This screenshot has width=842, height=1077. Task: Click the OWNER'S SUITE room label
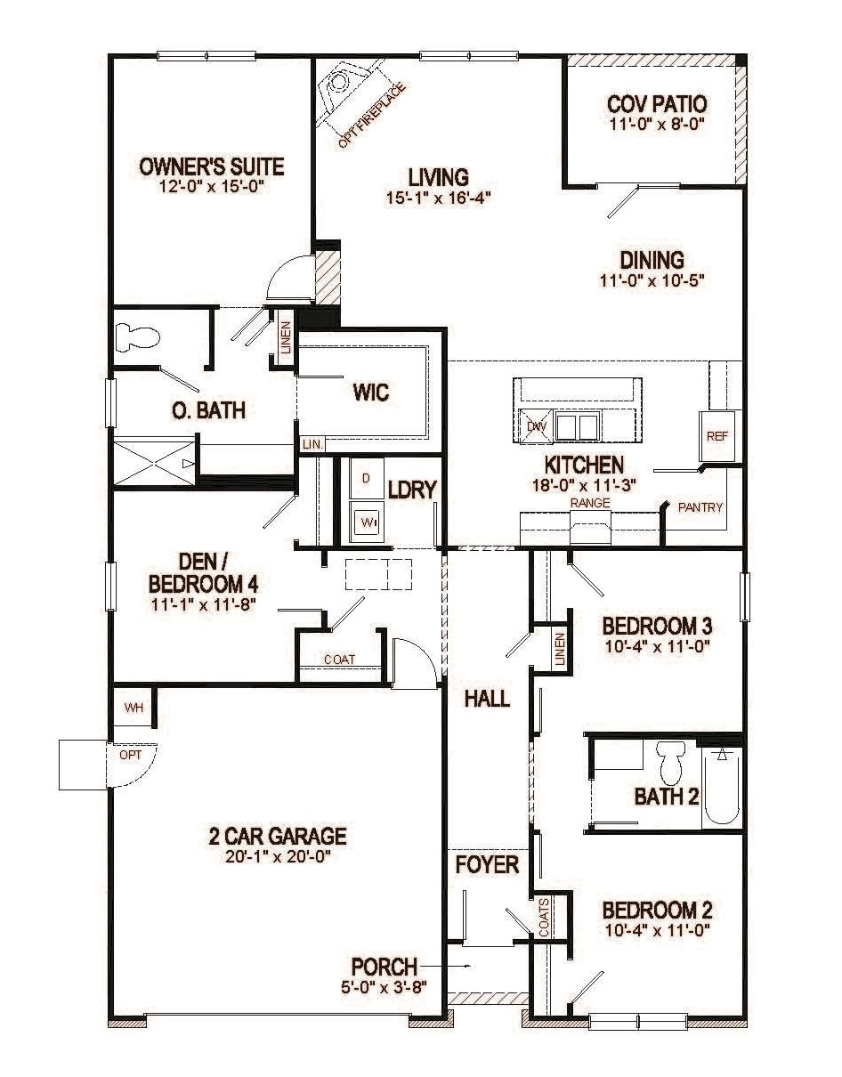pos(212,166)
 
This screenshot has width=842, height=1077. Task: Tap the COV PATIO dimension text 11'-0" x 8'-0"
pos(657,125)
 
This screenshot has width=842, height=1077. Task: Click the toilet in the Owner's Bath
pos(137,337)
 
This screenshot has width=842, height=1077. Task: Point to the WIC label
pos(371,392)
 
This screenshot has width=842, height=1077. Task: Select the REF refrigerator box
pos(717,436)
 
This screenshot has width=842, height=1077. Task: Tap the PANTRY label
pos(700,507)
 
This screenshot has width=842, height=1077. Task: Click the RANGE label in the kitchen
pos(590,503)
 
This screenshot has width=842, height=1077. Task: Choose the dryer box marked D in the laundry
pos(366,478)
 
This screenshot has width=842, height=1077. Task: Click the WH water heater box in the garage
pos(134,709)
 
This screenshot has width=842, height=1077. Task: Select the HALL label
pos(487,699)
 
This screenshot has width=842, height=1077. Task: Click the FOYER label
pos(487,863)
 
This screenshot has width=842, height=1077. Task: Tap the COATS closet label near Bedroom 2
pos(544,916)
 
